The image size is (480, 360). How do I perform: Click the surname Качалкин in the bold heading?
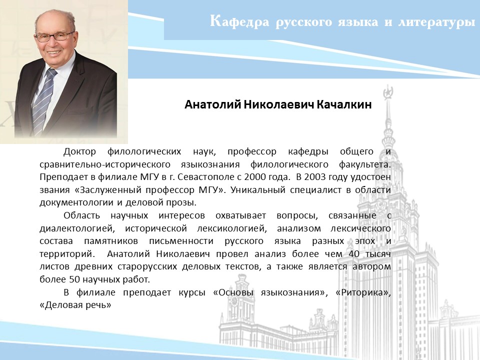tap(344, 104)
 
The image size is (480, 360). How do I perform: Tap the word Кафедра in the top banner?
tap(239, 22)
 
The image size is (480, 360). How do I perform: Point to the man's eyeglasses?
tap(54, 36)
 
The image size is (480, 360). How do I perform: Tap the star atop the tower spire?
tap(388, 91)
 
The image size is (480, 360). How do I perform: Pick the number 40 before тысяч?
tap(354, 254)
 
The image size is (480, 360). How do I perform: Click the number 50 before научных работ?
tap(74, 279)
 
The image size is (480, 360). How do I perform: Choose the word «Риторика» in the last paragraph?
tap(363, 292)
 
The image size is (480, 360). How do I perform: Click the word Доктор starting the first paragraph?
tap(79, 152)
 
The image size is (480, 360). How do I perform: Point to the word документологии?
tap(77, 203)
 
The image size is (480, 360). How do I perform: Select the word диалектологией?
tap(77, 228)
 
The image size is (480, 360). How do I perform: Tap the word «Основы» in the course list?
tap(233, 292)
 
